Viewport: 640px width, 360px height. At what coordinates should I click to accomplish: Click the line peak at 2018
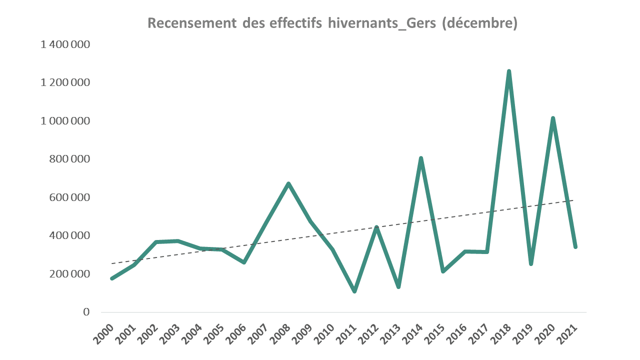click(x=509, y=71)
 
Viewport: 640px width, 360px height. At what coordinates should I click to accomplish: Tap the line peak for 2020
click(x=553, y=118)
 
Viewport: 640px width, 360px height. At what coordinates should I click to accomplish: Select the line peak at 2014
click(x=421, y=158)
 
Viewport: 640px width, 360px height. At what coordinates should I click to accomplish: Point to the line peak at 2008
click(x=288, y=183)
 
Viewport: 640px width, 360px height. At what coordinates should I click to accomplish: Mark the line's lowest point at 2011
click(x=354, y=291)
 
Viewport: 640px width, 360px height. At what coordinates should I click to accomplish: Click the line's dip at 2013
click(x=398, y=286)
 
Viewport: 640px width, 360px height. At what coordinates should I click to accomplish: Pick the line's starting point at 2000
click(x=112, y=278)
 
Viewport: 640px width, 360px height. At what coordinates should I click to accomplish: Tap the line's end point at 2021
click(x=575, y=247)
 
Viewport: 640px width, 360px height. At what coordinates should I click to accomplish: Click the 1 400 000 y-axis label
click(x=65, y=44)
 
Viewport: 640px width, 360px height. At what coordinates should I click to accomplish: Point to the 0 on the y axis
click(x=86, y=312)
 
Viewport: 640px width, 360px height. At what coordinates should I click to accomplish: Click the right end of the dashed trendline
click(x=573, y=200)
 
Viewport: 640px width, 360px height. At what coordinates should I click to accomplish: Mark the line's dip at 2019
click(x=531, y=263)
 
